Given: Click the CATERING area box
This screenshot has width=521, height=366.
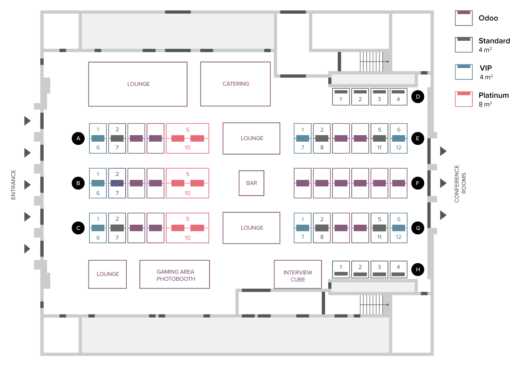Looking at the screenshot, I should pyautogui.click(x=235, y=84).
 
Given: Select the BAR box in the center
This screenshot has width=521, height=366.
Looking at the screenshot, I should pyautogui.click(x=251, y=183).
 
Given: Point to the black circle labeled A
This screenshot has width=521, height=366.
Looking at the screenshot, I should pyautogui.click(x=78, y=138).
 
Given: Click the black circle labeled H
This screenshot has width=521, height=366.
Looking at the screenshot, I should pyautogui.click(x=418, y=269).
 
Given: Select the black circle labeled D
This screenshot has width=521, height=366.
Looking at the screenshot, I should pyautogui.click(x=418, y=97).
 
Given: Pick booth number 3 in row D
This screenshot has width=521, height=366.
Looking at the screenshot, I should pyautogui.click(x=379, y=97).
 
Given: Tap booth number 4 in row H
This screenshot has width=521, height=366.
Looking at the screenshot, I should pyautogui.click(x=398, y=269).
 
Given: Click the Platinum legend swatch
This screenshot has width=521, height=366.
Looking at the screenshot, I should pyautogui.click(x=464, y=99).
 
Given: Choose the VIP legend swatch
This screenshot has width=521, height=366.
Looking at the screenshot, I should pyautogui.click(x=464, y=72).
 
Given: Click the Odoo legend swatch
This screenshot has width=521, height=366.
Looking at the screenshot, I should pyautogui.click(x=464, y=18).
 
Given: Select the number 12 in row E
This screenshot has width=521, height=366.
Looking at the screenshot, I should pyautogui.click(x=399, y=148).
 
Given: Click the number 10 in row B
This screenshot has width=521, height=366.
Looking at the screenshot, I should pyautogui.click(x=188, y=193).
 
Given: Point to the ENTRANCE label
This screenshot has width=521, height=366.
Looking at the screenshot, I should pyautogui.click(x=13, y=184).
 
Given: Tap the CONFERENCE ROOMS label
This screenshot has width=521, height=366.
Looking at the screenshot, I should pyautogui.click(x=460, y=184).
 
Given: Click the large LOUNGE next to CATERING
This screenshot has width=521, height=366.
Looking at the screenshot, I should pyautogui.click(x=138, y=84).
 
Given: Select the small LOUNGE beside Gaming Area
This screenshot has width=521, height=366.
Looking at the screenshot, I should pyautogui.click(x=107, y=274).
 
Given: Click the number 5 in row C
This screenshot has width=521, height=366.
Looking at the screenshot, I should pyautogui.click(x=188, y=219).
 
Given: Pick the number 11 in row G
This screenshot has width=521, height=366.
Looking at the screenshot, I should pyautogui.click(x=379, y=237).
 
